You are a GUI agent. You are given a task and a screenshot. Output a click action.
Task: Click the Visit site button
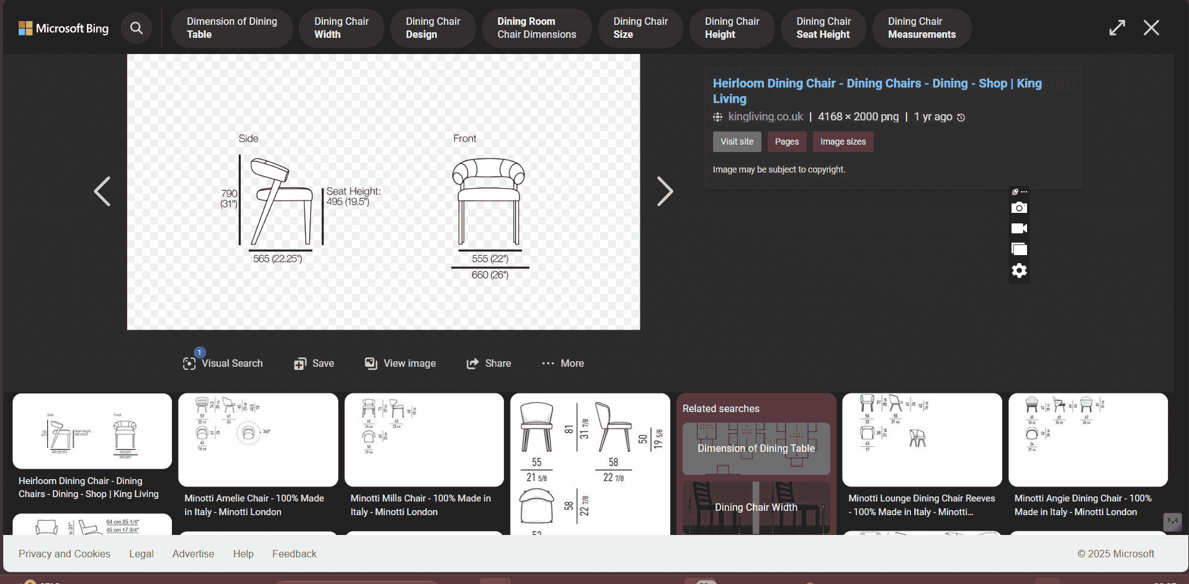(737, 142)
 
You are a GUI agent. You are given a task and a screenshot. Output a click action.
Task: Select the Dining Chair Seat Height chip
(823, 28)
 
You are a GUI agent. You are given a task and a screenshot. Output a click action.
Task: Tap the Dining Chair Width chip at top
(341, 28)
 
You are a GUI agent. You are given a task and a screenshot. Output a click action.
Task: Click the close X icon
(1151, 28)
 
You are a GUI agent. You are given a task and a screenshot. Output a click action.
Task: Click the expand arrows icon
(1117, 28)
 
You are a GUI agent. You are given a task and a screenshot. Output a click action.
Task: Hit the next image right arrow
(665, 191)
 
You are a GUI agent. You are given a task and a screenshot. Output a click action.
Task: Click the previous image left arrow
(102, 191)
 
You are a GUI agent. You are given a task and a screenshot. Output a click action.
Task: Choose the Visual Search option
(223, 364)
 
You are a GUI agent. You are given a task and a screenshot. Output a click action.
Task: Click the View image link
(400, 364)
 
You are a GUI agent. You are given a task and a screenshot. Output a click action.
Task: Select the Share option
(489, 364)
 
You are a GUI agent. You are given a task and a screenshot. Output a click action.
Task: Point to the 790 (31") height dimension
(229, 199)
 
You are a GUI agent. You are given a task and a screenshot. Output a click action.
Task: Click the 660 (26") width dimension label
(490, 275)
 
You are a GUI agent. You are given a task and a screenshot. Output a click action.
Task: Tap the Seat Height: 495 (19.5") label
(353, 197)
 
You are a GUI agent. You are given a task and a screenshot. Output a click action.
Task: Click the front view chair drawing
(488, 202)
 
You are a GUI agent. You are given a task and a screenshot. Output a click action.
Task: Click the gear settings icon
(1019, 271)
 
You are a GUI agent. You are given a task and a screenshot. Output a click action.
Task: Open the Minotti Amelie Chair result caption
(254, 505)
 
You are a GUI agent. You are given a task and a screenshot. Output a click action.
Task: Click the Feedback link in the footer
(294, 554)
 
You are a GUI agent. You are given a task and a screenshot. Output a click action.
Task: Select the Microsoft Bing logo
(63, 29)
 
